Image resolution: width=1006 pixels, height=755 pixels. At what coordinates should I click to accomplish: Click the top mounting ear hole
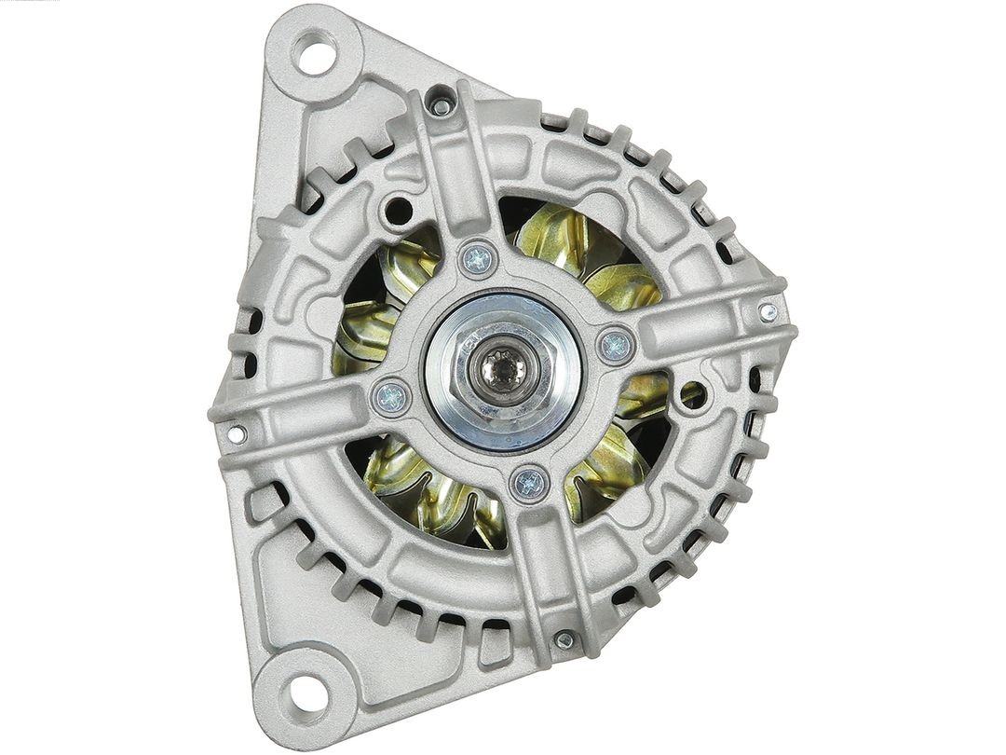[316, 52]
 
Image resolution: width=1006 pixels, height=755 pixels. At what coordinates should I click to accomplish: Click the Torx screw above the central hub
[478, 258]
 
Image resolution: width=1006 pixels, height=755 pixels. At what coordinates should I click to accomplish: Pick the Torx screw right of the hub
[616, 347]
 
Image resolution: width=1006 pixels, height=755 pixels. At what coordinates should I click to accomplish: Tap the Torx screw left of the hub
[391, 397]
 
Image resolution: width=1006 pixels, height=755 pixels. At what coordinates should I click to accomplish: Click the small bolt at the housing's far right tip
[768, 312]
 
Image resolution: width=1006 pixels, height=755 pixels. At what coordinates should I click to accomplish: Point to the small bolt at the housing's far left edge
[238, 434]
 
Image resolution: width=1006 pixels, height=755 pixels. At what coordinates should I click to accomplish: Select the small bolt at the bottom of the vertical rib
[564, 640]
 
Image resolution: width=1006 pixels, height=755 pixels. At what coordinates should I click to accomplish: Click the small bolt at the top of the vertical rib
[442, 106]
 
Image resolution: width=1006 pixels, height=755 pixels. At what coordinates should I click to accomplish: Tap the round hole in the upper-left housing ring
[398, 209]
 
